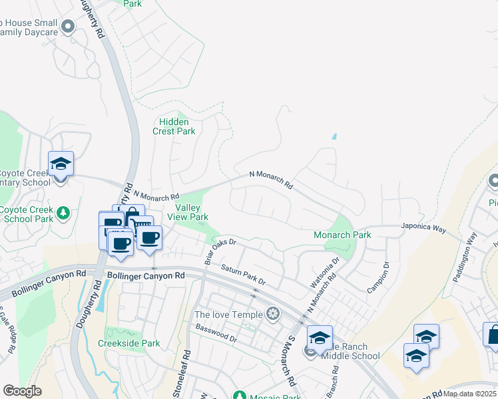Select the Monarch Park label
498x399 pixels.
[342, 235]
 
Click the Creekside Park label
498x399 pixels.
[128, 343]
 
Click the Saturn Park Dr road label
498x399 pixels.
[243, 276]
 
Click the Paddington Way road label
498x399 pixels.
[464, 257]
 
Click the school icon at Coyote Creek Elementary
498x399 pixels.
[61, 164]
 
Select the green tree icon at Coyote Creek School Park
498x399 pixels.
[63, 213]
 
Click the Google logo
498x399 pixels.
[22, 391]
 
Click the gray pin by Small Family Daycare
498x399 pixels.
[67, 27]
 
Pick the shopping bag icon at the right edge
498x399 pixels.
[493, 335]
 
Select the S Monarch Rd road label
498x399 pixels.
[291, 362]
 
